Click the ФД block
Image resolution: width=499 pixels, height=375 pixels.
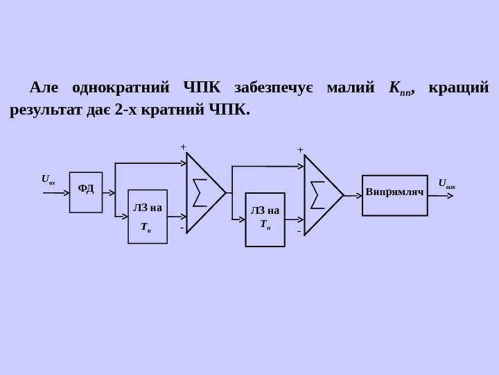(x=86, y=192)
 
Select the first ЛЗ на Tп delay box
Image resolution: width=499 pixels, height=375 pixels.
(x=148, y=216)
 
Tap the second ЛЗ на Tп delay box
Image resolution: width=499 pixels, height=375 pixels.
(x=265, y=219)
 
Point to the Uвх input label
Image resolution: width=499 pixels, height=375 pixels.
(x=48, y=179)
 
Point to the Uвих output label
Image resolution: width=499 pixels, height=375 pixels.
(x=447, y=184)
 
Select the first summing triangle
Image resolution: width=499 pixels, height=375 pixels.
(x=203, y=192)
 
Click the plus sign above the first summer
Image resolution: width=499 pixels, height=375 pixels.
(x=184, y=147)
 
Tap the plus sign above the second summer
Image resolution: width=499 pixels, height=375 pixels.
(x=300, y=149)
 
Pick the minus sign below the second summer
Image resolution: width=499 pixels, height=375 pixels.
(x=299, y=231)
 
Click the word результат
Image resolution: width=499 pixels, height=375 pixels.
(x=40, y=110)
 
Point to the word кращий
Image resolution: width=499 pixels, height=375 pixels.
(x=459, y=89)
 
